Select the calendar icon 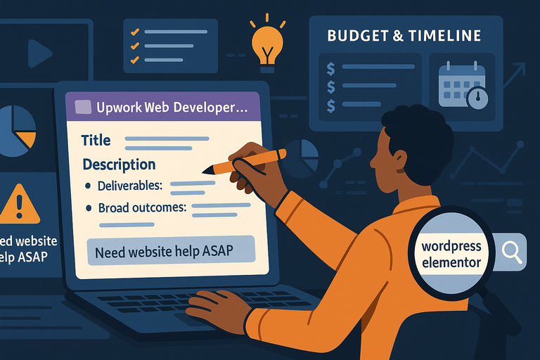coord(457,84)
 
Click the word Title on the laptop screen coord(96,140)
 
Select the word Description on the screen coord(119,165)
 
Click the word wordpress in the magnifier coord(451,247)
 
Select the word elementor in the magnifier coord(452,263)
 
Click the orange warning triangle coord(18,203)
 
